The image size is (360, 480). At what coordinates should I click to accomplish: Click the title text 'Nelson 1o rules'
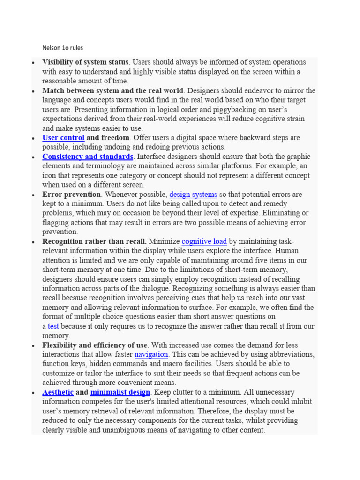tap(62, 48)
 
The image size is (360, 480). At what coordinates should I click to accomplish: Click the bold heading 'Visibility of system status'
tap(85, 62)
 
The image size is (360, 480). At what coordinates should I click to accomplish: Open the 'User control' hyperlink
tap(63, 138)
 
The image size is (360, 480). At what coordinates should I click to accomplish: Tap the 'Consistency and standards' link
tap(88, 157)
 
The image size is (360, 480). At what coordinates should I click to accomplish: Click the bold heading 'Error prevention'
tap(71, 194)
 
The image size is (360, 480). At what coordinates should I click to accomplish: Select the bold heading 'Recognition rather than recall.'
tap(94, 241)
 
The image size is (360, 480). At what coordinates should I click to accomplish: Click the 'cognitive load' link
tap(204, 241)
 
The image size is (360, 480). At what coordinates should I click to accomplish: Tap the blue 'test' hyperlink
tap(53, 326)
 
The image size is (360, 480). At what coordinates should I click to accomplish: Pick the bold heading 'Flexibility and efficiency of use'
tap(95, 345)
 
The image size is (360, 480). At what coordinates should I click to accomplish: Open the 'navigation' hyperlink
tap(151, 354)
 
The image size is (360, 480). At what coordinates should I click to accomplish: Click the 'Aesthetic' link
tap(58, 392)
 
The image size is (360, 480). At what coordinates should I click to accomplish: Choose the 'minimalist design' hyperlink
tap(120, 392)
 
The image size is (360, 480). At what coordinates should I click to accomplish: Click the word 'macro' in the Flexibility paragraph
tap(187, 364)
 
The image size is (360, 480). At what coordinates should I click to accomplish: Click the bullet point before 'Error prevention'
tap(33, 195)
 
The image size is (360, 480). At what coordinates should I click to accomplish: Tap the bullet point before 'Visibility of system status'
tap(33, 63)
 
